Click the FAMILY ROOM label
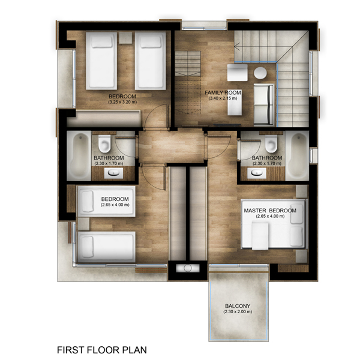pyautogui.click(x=223, y=92)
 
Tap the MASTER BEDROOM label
pyautogui.click(x=270, y=211)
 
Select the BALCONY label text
pyautogui.click(x=238, y=306)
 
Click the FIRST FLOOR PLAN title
pyautogui.click(x=102, y=350)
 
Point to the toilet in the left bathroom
pyautogui.click(x=104, y=144)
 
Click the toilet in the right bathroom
pyautogui.click(x=271, y=144)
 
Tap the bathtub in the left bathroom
pyautogui.click(x=79, y=155)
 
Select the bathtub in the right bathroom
pyautogui.click(x=297, y=155)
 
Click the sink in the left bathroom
pyautogui.click(x=113, y=173)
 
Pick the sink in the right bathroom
pyautogui.click(x=257, y=173)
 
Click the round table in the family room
pyautogui.click(x=260, y=73)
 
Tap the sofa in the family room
pyautogui.click(x=264, y=104)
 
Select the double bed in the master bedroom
pyautogui.click(x=274, y=224)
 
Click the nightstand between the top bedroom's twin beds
pyautogui.click(x=125, y=38)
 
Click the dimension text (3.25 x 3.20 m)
pyautogui.click(x=122, y=102)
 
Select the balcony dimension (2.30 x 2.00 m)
pyautogui.click(x=238, y=312)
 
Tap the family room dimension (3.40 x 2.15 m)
pyautogui.click(x=223, y=98)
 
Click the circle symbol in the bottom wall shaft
pyautogui.click(x=188, y=268)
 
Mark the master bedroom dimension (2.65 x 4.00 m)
pyautogui.click(x=270, y=216)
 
